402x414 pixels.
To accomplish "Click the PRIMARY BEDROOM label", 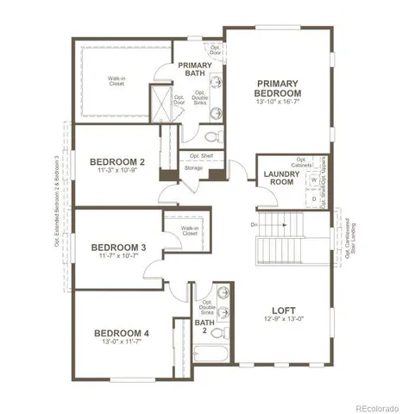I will pos(278,87).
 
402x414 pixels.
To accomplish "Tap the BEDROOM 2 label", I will pos(116,160).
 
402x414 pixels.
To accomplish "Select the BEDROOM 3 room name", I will pos(118,248).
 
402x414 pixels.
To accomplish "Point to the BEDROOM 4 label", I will pos(122,333).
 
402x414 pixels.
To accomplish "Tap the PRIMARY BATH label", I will pos(194,70).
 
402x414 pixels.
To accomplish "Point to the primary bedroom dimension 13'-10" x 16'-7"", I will pos(279,103).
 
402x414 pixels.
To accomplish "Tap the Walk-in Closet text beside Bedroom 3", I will pos(190,230).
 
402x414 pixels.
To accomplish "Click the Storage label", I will pos(193,167).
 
